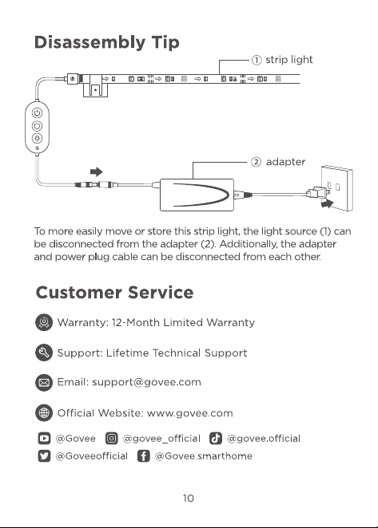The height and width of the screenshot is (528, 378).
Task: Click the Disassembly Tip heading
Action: point(106,43)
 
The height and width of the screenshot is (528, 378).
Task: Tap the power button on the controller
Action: point(37,112)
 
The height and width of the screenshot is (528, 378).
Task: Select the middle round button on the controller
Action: point(37,126)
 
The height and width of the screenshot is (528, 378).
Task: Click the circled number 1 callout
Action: point(257,60)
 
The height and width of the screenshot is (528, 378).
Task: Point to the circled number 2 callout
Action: point(257,162)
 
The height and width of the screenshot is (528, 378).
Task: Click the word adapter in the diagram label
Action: point(285,162)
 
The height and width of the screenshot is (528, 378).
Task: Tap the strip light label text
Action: point(289,60)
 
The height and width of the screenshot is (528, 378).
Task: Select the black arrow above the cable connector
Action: point(97,171)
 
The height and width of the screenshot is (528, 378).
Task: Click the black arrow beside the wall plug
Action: point(327,203)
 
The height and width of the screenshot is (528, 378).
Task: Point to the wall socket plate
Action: point(336,188)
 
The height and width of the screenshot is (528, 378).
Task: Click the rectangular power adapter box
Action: point(197,195)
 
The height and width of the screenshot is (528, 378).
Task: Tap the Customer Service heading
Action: point(115,292)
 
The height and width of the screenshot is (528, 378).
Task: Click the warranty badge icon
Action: point(44,322)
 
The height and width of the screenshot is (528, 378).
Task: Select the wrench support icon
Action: point(44,353)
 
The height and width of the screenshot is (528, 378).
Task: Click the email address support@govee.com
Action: point(146,382)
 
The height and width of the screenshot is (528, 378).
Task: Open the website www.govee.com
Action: point(190,413)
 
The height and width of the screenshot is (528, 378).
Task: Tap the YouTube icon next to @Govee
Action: point(44,439)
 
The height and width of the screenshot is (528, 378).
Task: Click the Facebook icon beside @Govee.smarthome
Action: point(143,456)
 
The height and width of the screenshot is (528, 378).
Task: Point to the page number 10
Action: point(189,498)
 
